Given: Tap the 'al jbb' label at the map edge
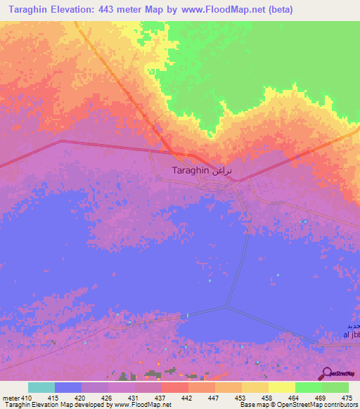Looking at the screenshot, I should [349, 335].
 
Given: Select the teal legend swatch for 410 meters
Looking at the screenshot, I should [41, 387].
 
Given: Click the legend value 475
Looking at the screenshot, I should [345, 398].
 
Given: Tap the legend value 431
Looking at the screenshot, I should [134, 398].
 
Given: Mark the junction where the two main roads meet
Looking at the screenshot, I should [174, 153].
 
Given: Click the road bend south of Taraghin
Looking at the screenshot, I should [226, 306].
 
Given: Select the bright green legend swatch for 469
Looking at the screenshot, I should [309, 387].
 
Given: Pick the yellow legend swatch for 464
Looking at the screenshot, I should [282, 387].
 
